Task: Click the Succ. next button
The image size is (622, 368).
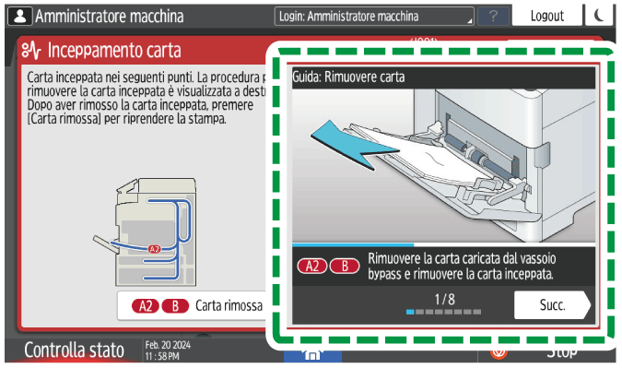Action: pyautogui.click(x=551, y=303)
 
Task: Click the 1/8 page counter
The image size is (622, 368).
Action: pyautogui.click(x=444, y=299)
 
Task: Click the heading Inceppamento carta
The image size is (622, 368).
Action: pyautogui.click(x=114, y=51)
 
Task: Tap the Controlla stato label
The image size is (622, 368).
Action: pyautogui.click(x=73, y=350)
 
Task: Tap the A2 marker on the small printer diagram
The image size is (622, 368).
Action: pyautogui.click(x=154, y=249)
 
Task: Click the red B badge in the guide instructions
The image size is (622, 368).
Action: pyautogui.click(x=345, y=266)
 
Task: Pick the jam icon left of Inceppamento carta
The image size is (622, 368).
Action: pyautogui.click(x=30, y=51)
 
